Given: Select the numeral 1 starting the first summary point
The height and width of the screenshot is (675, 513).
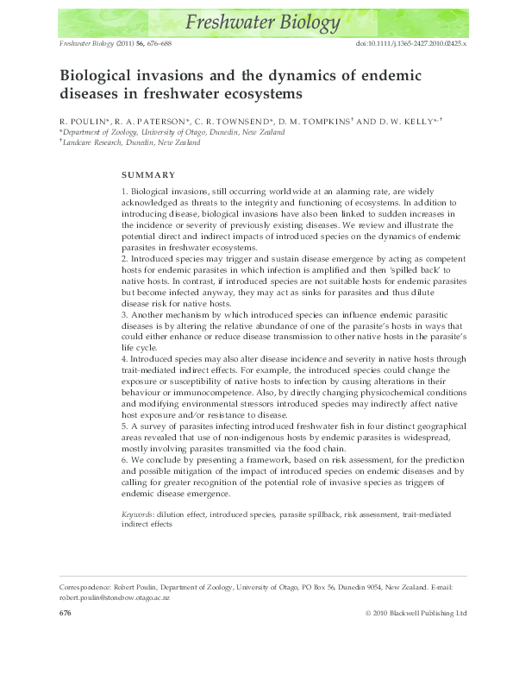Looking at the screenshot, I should [x=122, y=189].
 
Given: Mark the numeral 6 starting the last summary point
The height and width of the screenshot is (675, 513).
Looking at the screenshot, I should [x=122, y=461].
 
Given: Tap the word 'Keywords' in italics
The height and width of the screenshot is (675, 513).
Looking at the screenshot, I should [x=138, y=514].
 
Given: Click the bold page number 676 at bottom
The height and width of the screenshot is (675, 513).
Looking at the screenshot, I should [x=64, y=613].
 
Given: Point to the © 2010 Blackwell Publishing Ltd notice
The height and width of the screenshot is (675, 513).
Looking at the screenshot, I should [x=415, y=613].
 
